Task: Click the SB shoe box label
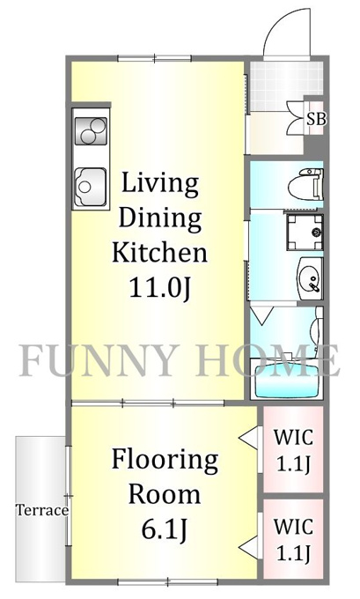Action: tap(317, 120)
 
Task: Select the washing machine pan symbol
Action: tap(305, 233)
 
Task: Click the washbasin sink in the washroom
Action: tap(310, 278)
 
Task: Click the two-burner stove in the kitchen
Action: tap(92, 131)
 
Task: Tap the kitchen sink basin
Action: tap(90, 187)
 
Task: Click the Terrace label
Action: tap(42, 510)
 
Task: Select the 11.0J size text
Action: tap(159, 287)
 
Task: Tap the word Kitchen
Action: tap(160, 252)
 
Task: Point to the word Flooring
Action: tap(165, 461)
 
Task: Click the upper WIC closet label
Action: tap(293, 451)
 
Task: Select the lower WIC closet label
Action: tap(293, 539)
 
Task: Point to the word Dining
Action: tap(161, 218)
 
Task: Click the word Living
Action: tap(160, 185)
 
